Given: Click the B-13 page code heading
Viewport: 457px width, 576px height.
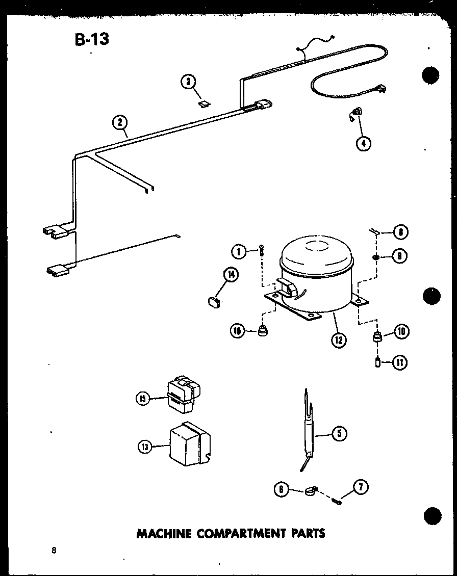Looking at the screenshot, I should [x=92, y=39].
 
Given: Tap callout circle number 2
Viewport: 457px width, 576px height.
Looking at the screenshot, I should [x=119, y=123].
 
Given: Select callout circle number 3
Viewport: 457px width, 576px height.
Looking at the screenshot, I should [x=188, y=82].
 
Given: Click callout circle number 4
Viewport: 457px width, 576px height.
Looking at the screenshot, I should [x=363, y=143].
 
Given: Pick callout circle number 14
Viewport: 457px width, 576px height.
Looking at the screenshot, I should [x=231, y=275].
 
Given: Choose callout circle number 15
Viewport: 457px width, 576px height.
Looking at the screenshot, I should [x=143, y=399].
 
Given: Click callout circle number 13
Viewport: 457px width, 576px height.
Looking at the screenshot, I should [x=145, y=447].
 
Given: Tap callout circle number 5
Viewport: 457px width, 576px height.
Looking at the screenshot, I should [x=339, y=433].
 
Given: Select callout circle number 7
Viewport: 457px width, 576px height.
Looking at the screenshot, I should [x=361, y=487].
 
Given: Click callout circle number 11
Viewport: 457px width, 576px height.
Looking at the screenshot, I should [x=400, y=363].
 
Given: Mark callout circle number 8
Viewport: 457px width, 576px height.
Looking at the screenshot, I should [x=400, y=232].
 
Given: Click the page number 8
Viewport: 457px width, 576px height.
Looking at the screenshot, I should [x=54, y=549].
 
